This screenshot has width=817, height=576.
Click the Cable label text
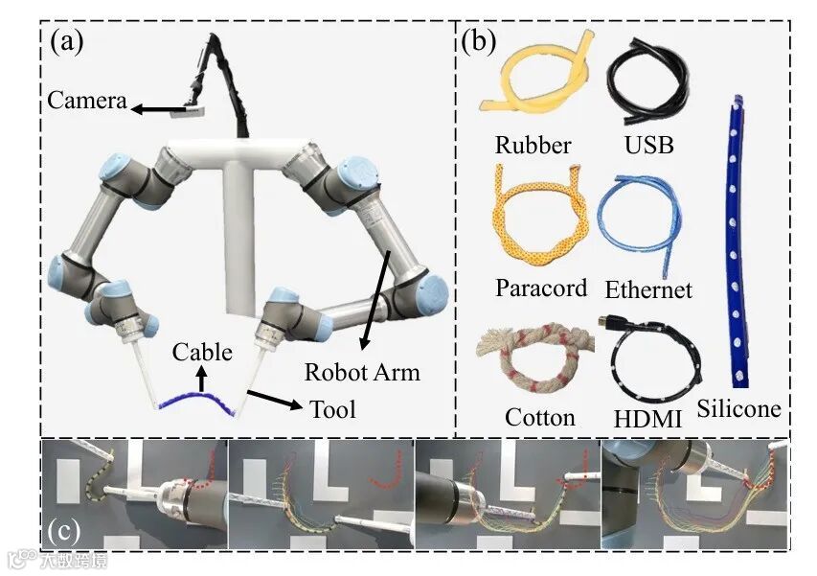(202, 352)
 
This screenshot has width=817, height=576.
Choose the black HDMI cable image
(655, 364)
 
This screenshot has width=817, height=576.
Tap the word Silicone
(738, 409)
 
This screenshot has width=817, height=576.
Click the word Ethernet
(648, 289)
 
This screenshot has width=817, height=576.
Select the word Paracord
(541, 288)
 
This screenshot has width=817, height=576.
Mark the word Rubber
(533, 146)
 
